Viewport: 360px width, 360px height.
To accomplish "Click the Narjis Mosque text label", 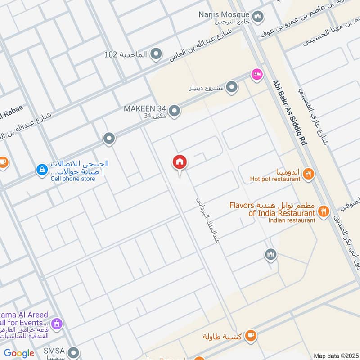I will [224, 14].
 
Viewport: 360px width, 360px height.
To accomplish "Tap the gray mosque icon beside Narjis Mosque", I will [258, 18].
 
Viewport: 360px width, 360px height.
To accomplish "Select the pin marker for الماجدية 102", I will [156, 54].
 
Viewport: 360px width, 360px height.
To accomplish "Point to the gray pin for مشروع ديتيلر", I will [232, 87].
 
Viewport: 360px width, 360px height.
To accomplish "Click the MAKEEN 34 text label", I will [145, 109].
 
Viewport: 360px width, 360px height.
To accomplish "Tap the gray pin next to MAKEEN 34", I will [175, 110].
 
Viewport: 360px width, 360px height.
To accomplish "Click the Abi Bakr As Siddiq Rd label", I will [289, 112].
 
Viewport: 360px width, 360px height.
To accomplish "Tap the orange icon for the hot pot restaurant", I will [308, 173].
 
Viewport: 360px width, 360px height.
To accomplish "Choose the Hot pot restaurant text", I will [275, 179].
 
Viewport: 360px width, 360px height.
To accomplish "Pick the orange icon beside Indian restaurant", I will [323, 211].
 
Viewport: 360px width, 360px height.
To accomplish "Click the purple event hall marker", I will [56, 323].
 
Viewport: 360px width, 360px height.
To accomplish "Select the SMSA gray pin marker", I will [73, 351].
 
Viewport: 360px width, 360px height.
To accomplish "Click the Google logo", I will [19, 353].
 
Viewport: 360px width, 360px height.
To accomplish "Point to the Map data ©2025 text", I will [335, 355].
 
